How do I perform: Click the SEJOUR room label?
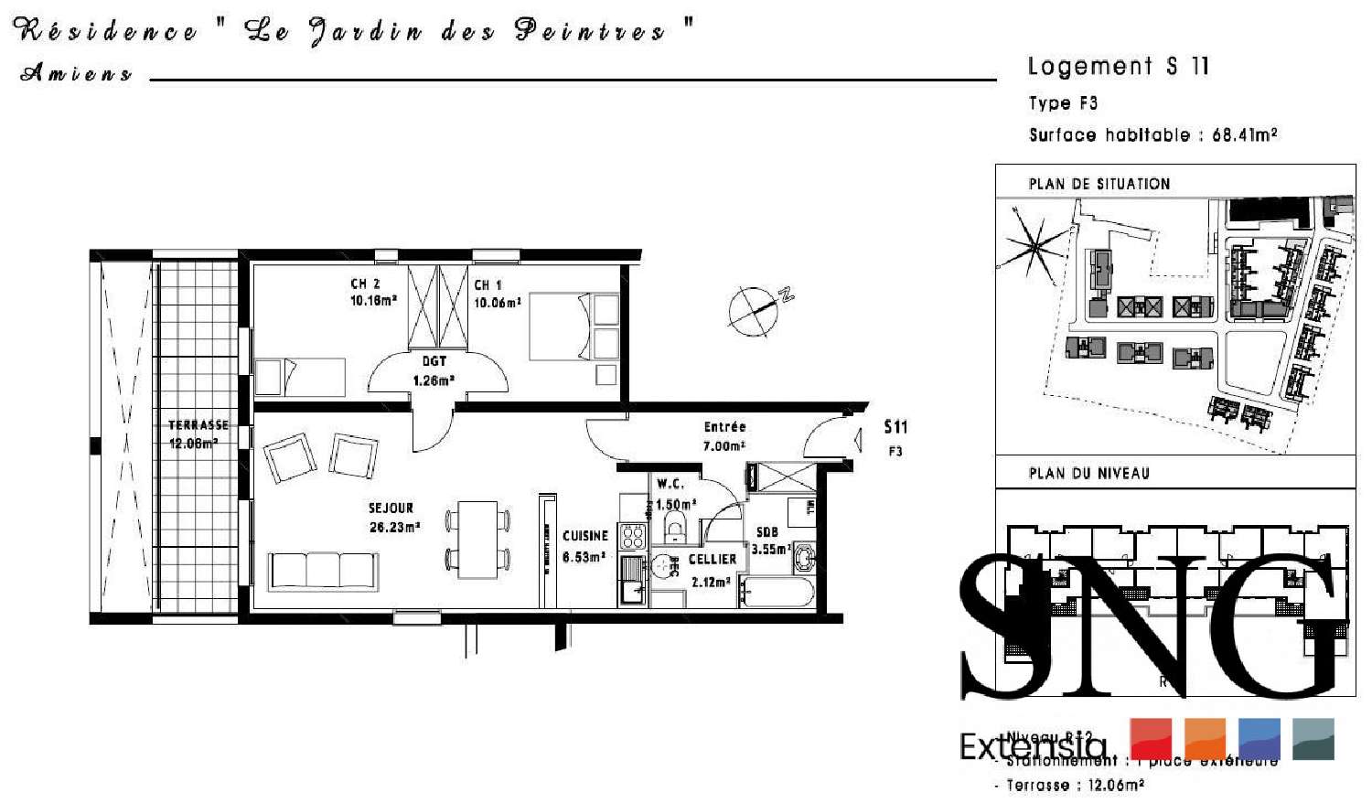coord(391,508)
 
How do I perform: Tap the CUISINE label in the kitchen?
coord(585,536)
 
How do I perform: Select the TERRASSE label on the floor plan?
coord(198,425)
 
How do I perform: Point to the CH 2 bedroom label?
coord(365,284)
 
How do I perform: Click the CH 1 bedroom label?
coord(488,285)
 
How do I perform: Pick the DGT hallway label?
coord(434,362)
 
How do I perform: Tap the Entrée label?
coord(724,427)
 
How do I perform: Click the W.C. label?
coord(670,484)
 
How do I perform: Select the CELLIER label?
coord(713,559)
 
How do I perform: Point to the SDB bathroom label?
coord(767,532)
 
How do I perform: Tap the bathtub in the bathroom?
coord(777,593)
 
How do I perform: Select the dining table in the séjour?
coord(477,539)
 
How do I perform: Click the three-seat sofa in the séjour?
coord(322,571)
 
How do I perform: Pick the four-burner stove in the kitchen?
coord(633,536)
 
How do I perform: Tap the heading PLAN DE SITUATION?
coord(1099,184)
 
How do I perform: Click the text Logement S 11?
coord(1118,67)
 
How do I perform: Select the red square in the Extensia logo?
coord(1151,739)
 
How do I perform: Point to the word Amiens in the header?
coord(77,74)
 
